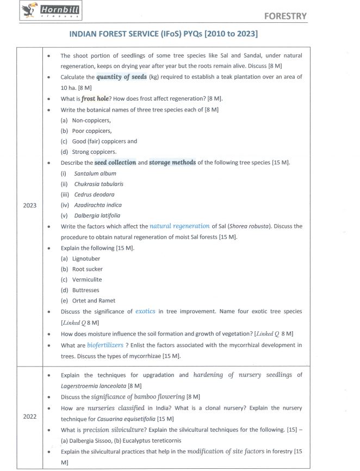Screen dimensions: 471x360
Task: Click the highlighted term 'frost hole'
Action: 96,98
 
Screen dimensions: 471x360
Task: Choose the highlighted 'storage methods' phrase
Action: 172,163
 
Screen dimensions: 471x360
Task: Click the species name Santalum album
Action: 95,173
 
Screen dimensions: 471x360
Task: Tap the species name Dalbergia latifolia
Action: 97,215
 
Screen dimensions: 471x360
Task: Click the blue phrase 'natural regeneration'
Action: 179,226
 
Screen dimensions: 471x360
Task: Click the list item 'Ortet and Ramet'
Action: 94,301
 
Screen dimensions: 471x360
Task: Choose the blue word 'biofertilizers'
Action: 105,345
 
